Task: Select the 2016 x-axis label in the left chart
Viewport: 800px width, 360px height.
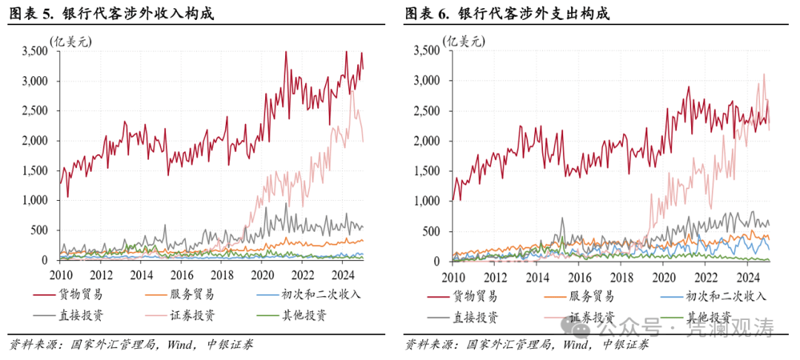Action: pos(181,275)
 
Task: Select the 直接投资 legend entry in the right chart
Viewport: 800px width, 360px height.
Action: pos(474,317)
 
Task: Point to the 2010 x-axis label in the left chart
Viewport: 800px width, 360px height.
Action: pos(61,275)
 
